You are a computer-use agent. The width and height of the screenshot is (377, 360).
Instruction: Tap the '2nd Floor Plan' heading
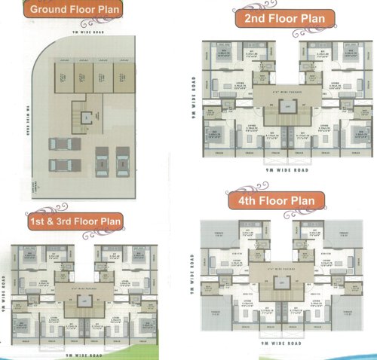coord(279,19)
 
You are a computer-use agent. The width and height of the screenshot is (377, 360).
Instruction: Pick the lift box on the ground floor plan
coord(87,119)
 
